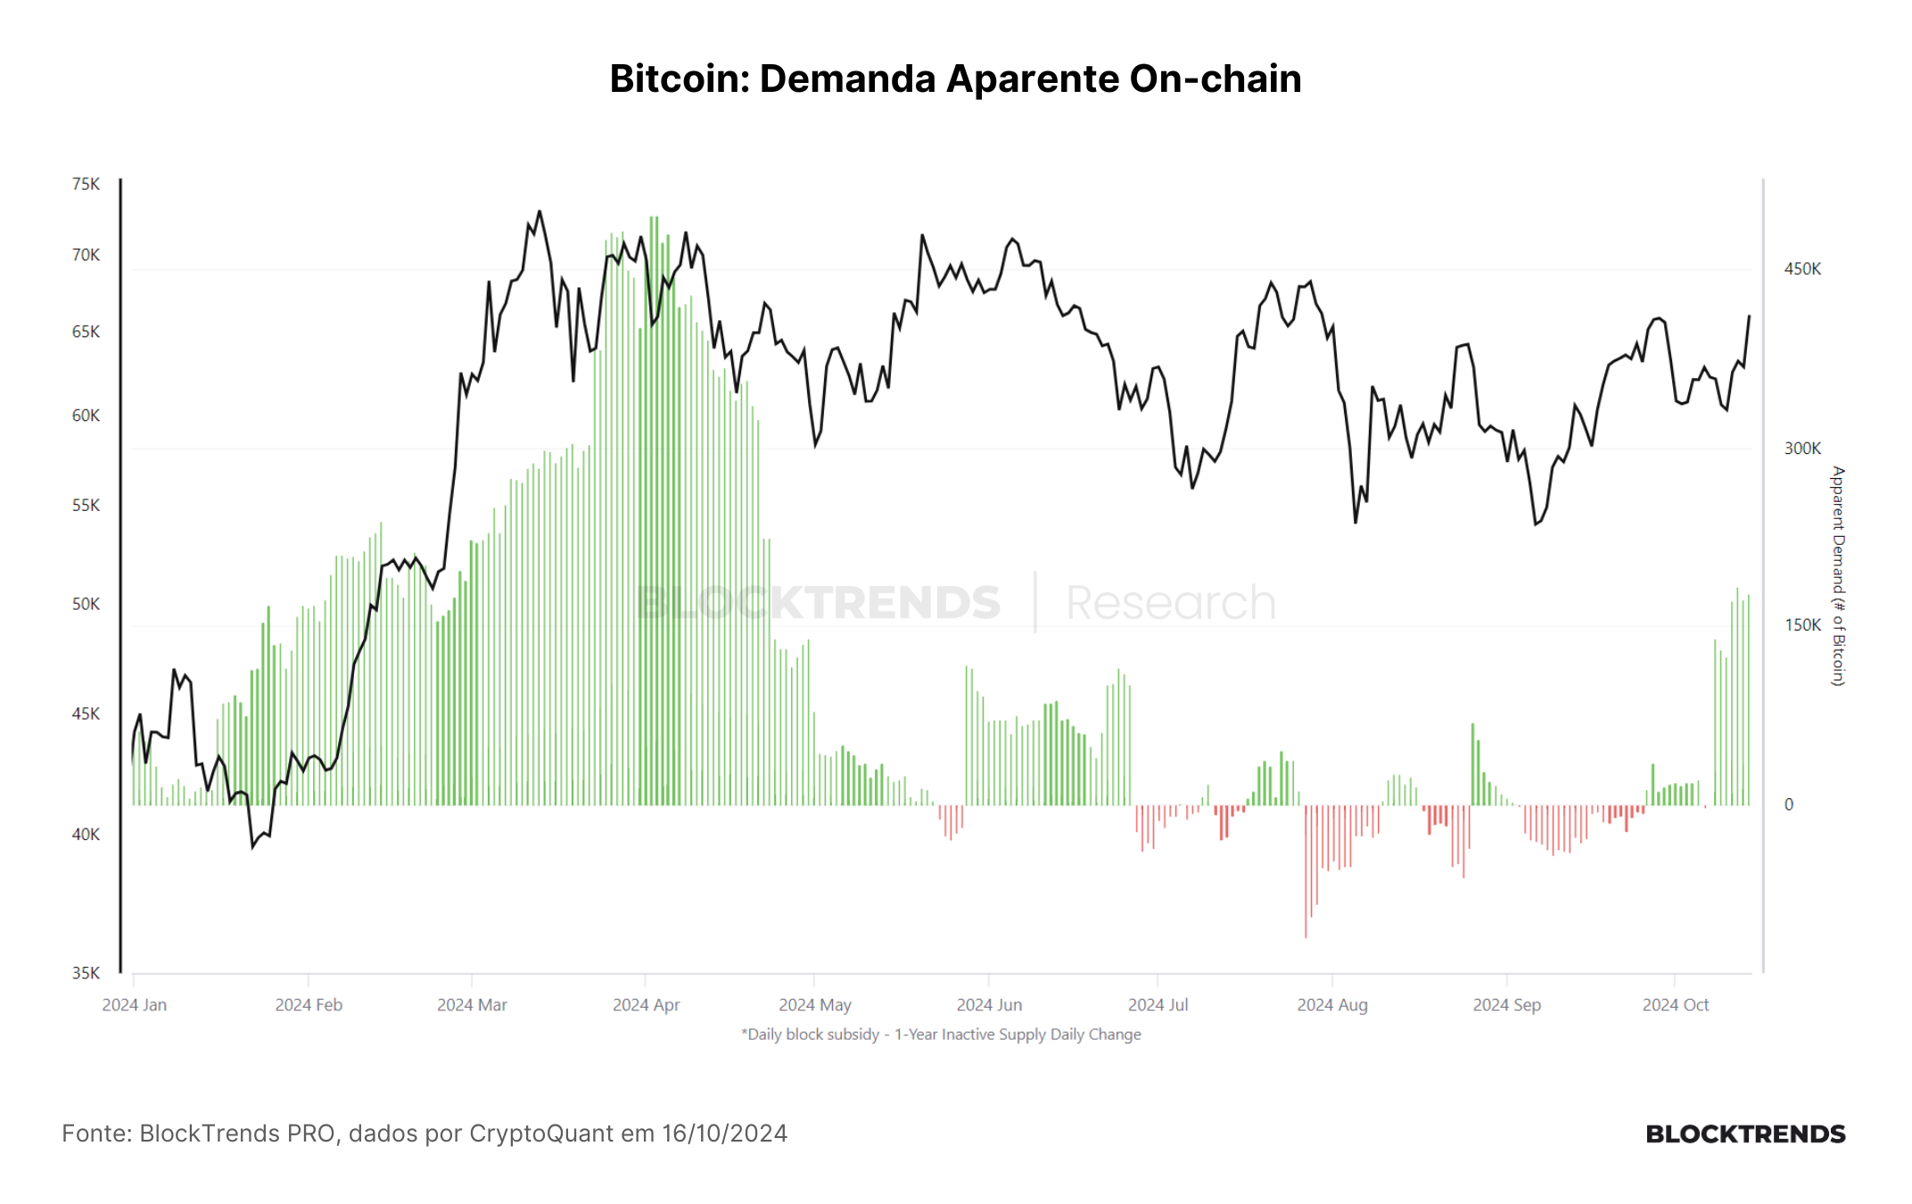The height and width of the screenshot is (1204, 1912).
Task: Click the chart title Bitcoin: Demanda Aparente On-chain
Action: (x=955, y=78)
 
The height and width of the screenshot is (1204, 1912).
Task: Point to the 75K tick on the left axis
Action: (x=86, y=184)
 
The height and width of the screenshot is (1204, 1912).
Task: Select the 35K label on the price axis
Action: (x=86, y=973)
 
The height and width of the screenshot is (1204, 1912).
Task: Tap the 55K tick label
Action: (x=86, y=506)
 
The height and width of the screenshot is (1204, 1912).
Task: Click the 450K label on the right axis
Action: (x=1802, y=269)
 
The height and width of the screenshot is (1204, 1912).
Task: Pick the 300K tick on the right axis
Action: (x=1802, y=449)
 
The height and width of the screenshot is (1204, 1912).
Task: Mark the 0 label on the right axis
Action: (x=1789, y=804)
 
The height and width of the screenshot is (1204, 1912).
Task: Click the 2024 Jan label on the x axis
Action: (x=135, y=1005)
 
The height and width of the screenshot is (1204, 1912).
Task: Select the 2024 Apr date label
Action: (x=646, y=1005)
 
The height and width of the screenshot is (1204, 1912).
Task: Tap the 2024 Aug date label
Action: (x=1332, y=1005)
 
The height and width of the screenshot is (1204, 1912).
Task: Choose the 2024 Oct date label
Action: (x=1676, y=1005)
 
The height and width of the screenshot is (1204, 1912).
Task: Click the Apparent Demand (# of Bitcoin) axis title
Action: (x=1837, y=576)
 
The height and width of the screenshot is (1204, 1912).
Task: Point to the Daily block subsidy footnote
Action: (x=941, y=1035)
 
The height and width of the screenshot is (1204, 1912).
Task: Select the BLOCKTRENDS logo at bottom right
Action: (x=1745, y=1134)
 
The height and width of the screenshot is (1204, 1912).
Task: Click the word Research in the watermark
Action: (x=1171, y=603)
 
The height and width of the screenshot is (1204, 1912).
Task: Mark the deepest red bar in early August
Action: (x=1306, y=871)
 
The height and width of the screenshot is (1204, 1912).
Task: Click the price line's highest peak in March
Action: (x=540, y=211)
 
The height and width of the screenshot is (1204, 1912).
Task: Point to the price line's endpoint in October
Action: (x=1749, y=316)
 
